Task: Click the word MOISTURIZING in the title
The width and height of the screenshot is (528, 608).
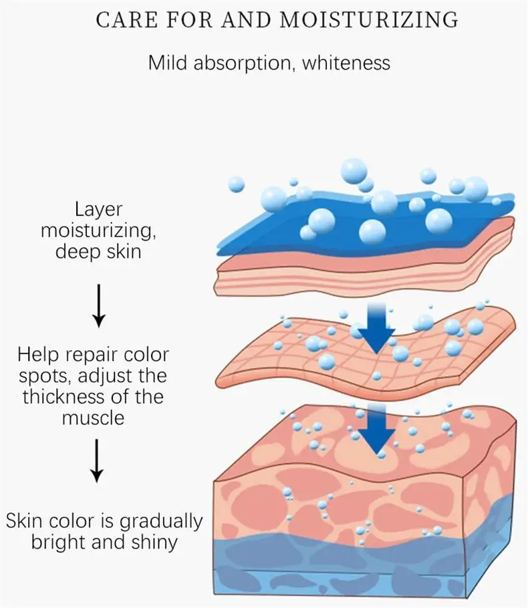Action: click(369, 20)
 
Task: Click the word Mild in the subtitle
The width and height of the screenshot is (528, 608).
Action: click(168, 63)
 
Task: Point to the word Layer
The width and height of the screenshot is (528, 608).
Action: click(99, 210)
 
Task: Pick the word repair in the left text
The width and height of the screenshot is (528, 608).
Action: click(99, 353)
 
